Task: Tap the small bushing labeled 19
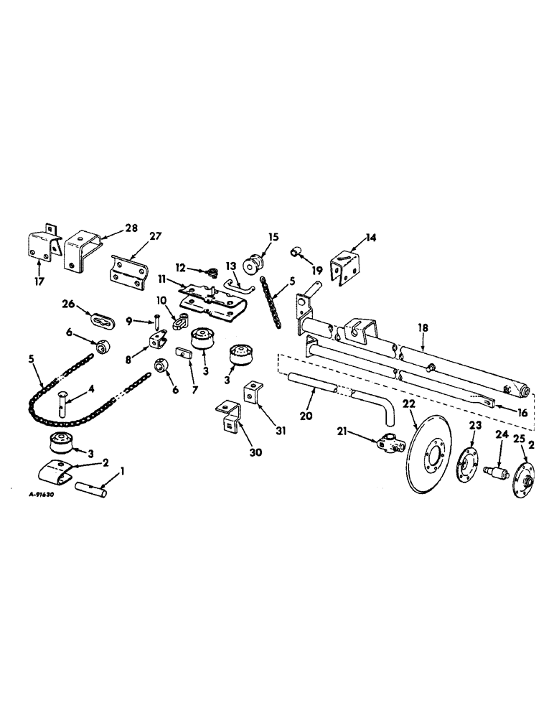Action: click(x=297, y=253)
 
